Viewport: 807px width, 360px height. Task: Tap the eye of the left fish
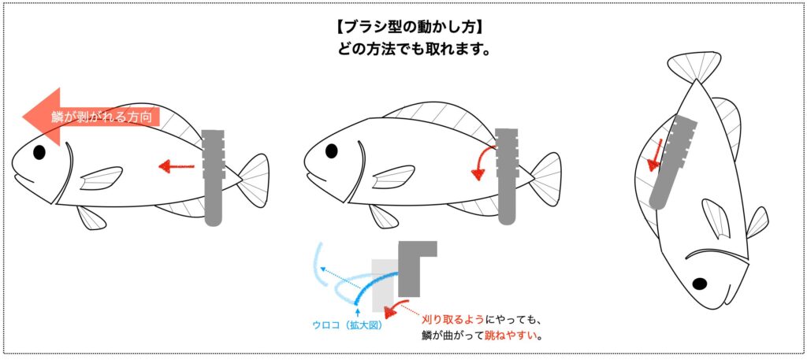pos(39,152)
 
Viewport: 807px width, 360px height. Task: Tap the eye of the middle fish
pos(332,151)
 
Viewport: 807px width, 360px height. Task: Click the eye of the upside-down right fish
pos(699,284)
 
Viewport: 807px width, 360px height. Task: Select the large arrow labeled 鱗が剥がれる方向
pos(91,117)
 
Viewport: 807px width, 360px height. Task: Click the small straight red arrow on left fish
pos(176,166)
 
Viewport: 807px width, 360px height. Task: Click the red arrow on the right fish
pos(656,154)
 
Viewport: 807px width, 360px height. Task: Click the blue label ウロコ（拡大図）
pos(348,325)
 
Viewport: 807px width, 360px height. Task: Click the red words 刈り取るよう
pos(452,321)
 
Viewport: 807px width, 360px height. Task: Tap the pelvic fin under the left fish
pos(92,217)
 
